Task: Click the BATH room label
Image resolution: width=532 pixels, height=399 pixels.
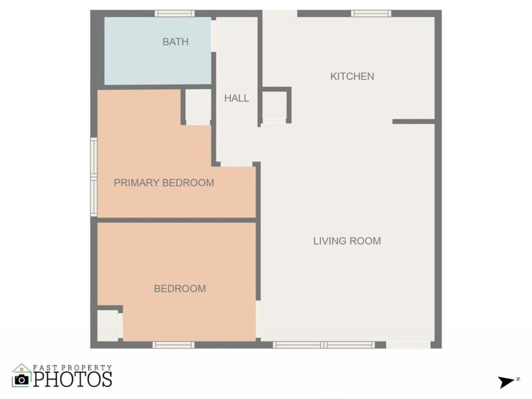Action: pyautogui.click(x=176, y=42)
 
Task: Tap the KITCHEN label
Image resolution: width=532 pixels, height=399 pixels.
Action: pyautogui.click(x=352, y=77)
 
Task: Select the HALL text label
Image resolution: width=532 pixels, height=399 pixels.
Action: pyautogui.click(x=237, y=98)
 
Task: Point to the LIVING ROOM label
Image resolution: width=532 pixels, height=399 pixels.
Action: pyautogui.click(x=347, y=241)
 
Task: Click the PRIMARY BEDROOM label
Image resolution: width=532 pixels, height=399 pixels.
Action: pyautogui.click(x=164, y=183)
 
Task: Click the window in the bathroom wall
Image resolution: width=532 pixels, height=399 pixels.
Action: pyautogui.click(x=174, y=14)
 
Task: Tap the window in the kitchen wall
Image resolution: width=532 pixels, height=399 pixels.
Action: pyautogui.click(x=371, y=14)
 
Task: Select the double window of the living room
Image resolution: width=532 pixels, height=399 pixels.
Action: pyautogui.click(x=324, y=345)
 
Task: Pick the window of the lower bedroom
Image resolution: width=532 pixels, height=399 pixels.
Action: pyautogui.click(x=173, y=345)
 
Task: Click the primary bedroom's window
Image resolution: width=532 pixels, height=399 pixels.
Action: pyautogui.click(x=94, y=177)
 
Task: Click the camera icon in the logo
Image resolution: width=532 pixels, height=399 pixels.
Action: pyautogui.click(x=22, y=380)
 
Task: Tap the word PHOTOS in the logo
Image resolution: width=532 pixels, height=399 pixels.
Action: pyautogui.click(x=73, y=379)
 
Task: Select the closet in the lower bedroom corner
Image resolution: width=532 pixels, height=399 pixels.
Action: pyautogui.click(x=108, y=326)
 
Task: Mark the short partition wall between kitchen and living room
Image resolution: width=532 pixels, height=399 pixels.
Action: pyautogui.click(x=414, y=122)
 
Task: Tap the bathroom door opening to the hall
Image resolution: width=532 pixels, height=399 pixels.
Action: pyautogui.click(x=213, y=36)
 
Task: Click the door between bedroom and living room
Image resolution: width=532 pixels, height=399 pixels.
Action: pyautogui.click(x=258, y=319)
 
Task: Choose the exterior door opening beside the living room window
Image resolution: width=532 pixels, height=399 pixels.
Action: pyautogui.click(x=408, y=345)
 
